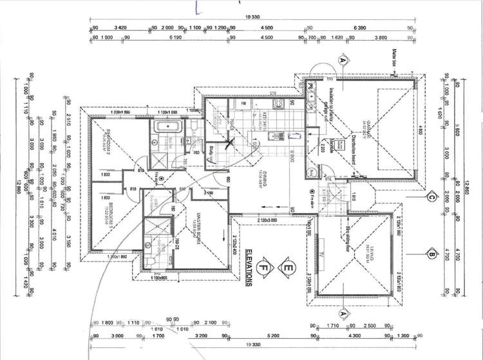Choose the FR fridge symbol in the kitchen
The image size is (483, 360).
coord(244,102)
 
